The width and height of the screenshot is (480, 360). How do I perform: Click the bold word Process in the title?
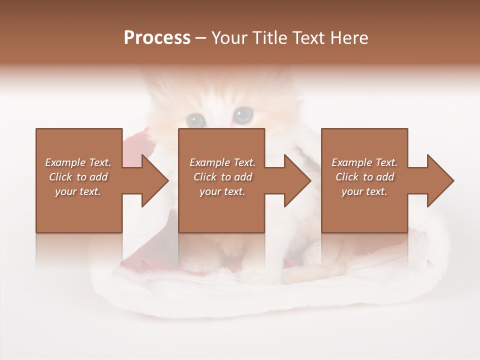pyautogui.click(x=157, y=38)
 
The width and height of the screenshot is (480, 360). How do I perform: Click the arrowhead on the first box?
pyautogui.click(x=155, y=180)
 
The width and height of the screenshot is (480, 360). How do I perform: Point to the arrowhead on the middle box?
pyautogui.click(x=297, y=180)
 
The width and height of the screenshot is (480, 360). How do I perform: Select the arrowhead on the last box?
pyautogui.click(x=440, y=180)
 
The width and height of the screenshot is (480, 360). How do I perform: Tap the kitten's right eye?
pyautogui.click(x=243, y=115)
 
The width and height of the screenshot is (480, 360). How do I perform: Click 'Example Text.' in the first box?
pyautogui.click(x=78, y=162)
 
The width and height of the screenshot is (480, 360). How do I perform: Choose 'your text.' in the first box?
pyautogui.click(x=78, y=191)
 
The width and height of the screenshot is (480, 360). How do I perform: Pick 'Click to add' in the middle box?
pyautogui.click(x=222, y=177)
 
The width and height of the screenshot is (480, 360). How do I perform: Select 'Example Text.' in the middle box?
pyautogui.click(x=222, y=162)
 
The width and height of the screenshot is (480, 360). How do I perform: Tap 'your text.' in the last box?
pyautogui.click(x=364, y=191)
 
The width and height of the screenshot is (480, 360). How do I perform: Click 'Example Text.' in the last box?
pyautogui.click(x=364, y=162)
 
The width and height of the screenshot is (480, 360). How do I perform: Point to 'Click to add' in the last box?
pyautogui.click(x=364, y=177)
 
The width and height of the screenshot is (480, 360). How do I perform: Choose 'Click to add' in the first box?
pyautogui.click(x=78, y=177)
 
